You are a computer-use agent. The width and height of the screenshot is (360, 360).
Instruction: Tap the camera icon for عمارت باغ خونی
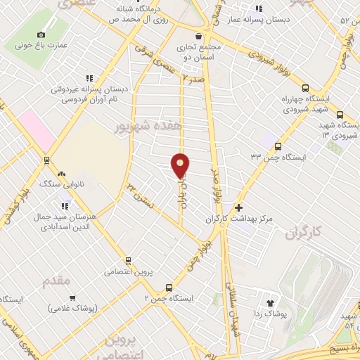(x=41, y=35)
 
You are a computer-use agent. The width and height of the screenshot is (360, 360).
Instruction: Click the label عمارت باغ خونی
(x=41, y=46)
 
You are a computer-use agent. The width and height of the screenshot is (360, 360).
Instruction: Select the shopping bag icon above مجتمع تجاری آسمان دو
(x=200, y=36)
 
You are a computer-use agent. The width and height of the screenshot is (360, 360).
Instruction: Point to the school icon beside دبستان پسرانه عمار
(x=259, y=8)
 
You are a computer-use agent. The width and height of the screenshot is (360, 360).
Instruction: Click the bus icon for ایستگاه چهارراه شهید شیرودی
(x=304, y=89)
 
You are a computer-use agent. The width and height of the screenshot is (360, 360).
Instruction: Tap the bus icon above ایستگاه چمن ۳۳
(x=278, y=147)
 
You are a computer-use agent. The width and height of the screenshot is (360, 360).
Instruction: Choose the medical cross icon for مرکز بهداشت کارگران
(x=239, y=208)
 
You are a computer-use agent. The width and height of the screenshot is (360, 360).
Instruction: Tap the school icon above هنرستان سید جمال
(x=65, y=206)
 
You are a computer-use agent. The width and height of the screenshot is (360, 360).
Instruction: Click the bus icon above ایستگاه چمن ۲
(x=168, y=288)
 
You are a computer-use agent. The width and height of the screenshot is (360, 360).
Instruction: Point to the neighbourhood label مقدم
(x=57, y=281)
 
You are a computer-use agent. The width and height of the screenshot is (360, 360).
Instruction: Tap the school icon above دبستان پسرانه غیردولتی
(x=89, y=78)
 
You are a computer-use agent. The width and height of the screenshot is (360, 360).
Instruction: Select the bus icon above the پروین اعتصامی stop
(x=128, y=261)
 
